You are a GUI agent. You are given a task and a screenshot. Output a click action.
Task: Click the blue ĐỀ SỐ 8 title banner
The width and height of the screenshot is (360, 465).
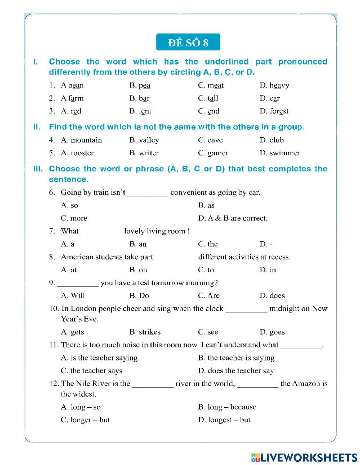coord(188,43)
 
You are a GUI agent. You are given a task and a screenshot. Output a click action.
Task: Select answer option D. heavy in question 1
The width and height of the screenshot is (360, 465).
coord(274,85)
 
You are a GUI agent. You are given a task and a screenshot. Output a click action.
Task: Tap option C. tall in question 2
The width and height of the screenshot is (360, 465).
coord(208,98)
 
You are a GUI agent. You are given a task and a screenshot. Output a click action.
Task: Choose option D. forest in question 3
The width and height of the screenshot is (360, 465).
coord(274,111)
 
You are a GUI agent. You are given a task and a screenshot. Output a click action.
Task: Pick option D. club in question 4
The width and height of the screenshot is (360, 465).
coord(272,140)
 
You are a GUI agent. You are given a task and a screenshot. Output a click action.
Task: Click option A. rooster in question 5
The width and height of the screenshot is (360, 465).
coord(77,153)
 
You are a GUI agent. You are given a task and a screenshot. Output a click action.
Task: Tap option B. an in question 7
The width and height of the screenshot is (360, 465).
coord(138,244)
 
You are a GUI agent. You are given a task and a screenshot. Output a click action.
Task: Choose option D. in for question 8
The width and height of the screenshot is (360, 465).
coord(268,270)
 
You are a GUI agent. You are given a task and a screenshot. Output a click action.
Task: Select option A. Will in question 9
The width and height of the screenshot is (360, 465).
coord(73,296)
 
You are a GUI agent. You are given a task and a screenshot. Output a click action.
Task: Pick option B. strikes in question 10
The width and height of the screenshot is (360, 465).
coord(145,332)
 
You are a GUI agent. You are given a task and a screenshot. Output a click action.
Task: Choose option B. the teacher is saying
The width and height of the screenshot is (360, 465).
coord(236,358)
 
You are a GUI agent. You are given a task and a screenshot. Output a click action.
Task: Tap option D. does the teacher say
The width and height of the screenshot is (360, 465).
coord(236,371)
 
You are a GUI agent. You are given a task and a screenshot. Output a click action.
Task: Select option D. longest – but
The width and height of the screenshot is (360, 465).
coord(224,420)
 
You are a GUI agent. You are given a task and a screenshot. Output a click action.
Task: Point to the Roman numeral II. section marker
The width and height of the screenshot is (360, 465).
coord(37,127)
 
